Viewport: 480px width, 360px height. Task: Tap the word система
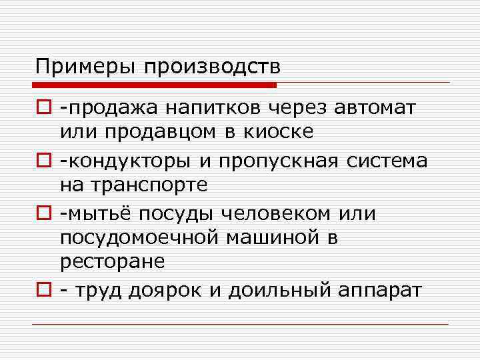point(384,161)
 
